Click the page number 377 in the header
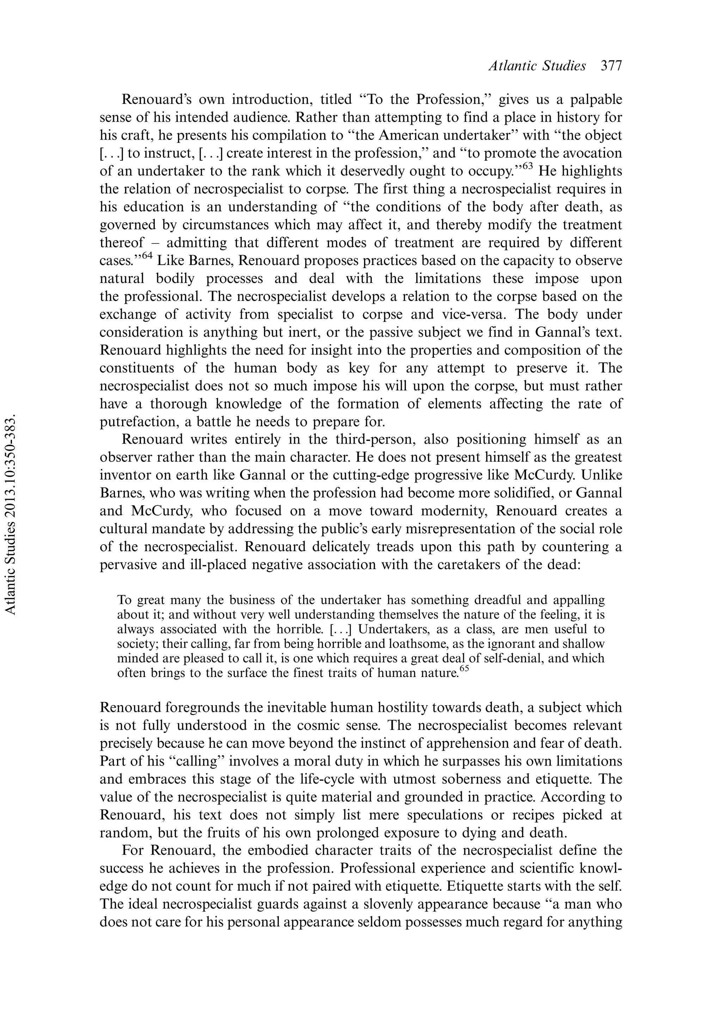(611, 66)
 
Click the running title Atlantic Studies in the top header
(537, 66)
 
